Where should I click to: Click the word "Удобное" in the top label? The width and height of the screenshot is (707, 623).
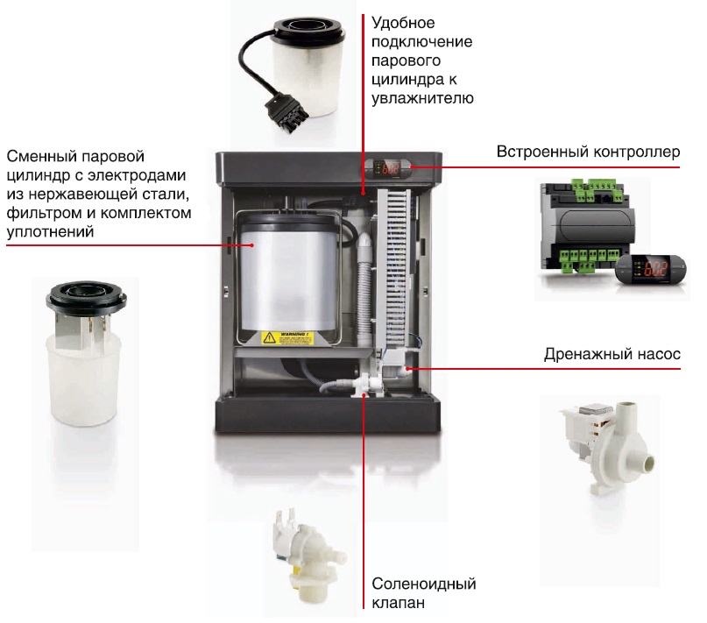coord(403,23)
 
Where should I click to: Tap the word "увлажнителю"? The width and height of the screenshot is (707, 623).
coord(422,98)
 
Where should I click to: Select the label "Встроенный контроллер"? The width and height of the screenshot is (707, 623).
coord(588,152)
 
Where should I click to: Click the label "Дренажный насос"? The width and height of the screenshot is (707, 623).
coord(612,354)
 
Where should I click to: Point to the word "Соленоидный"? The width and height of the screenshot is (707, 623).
coord(424,584)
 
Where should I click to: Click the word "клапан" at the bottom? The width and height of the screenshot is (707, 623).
coord(398,603)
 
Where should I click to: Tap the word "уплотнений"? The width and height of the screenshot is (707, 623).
coord(51,232)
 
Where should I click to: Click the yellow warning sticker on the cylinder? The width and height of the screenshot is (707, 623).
coord(287,338)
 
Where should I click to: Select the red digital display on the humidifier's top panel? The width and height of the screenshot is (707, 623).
coord(388,168)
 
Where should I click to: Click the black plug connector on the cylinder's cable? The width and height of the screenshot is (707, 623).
coord(286,112)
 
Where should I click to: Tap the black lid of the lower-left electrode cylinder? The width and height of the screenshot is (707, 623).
coord(86,298)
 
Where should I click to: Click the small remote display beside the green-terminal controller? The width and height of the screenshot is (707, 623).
coord(651,269)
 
